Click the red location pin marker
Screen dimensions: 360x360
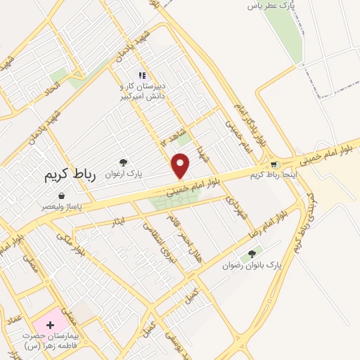(x=181, y=166)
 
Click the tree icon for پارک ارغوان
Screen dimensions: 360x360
(x=124, y=163)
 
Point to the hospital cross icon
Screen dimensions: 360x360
(x=50, y=325)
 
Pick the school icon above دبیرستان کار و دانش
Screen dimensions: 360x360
(x=142, y=75)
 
